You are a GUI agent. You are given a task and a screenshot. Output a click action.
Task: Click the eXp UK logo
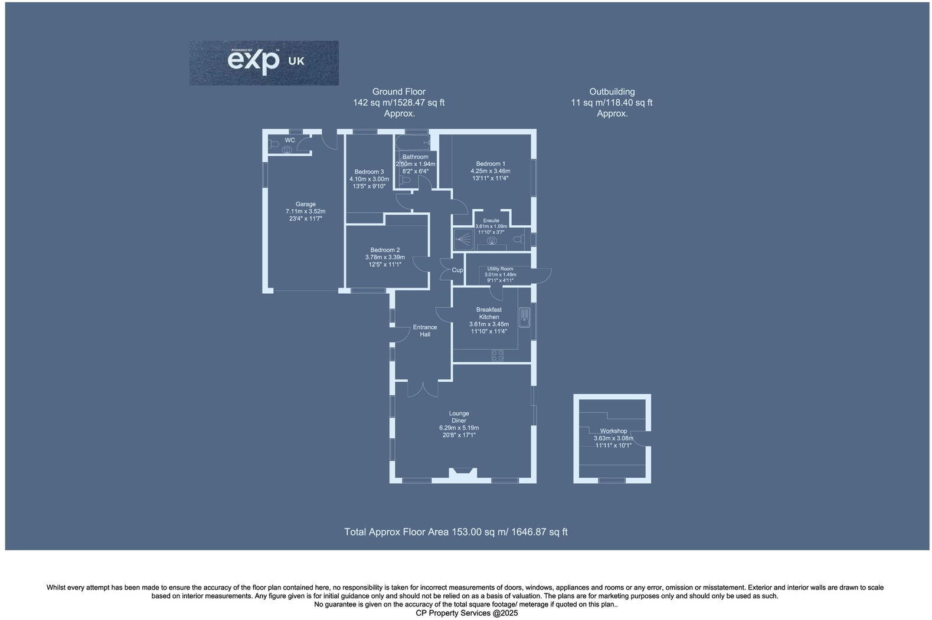tap(264, 63)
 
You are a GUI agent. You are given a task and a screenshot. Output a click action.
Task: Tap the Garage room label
tap(305, 204)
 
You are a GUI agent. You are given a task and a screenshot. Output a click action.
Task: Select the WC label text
tap(290, 140)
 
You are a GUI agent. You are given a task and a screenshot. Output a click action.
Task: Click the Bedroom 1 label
tap(490, 164)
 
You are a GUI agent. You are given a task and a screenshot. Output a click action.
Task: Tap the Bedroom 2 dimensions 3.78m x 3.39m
tap(385, 257)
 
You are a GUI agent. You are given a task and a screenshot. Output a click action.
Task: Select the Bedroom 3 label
tap(369, 172)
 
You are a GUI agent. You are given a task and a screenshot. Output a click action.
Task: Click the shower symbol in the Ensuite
tap(465, 239)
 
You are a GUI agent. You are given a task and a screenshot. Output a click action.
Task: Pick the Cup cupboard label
tap(457, 270)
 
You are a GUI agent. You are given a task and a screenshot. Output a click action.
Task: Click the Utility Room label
tap(500, 269)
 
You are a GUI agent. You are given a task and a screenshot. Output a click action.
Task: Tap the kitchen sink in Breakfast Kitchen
tap(524, 317)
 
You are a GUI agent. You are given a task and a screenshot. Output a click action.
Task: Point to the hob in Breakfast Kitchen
tap(498, 355)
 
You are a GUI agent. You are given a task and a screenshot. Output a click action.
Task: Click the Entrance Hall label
tap(424, 331)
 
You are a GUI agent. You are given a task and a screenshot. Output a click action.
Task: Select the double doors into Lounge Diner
tap(423, 389)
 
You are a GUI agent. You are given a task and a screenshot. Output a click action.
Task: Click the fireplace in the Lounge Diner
tap(462, 473)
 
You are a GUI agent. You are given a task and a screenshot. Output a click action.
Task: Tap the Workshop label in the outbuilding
tap(613, 431)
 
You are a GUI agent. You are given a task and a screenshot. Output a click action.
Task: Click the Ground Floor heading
tap(398, 92)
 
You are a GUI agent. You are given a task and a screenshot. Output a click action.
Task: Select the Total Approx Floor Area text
tap(456, 532)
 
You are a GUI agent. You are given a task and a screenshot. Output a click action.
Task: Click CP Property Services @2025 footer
tap(466, 613)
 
